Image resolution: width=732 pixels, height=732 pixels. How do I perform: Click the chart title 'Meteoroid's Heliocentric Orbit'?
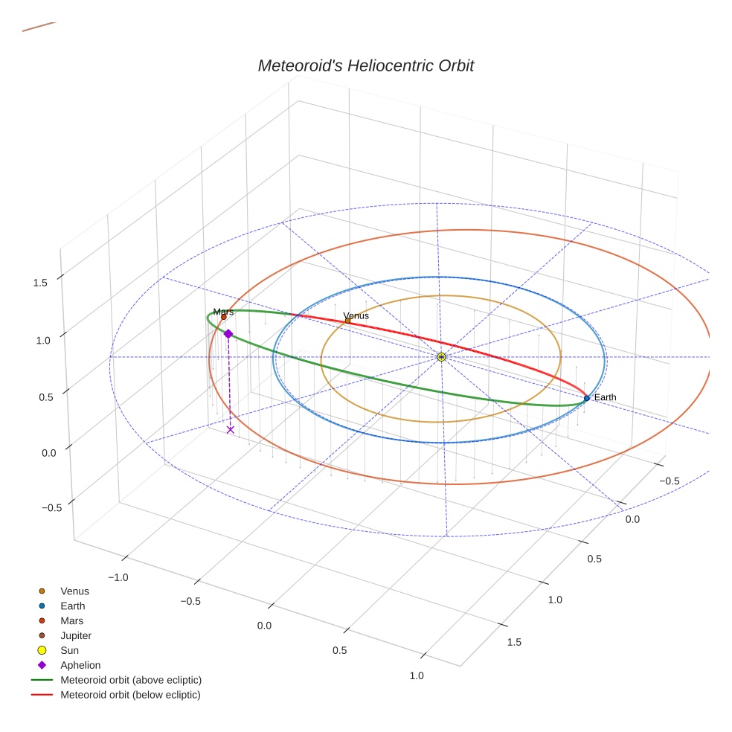tap(365, 65)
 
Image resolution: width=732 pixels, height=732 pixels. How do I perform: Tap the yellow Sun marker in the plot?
tap(441, 357)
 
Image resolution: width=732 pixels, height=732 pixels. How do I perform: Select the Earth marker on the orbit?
tap(586, 398)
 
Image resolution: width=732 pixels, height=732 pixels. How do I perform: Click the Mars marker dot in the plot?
tap(223, 317)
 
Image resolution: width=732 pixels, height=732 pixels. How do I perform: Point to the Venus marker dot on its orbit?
tap(347, 321)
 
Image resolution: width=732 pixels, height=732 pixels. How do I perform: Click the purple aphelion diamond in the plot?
tap(228, 334)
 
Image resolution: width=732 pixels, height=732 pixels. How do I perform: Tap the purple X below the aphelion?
tap(230, 429)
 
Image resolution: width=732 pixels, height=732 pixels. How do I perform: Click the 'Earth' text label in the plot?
tap(605, 397)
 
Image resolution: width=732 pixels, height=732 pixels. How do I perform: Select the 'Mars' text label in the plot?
tap(223, 312)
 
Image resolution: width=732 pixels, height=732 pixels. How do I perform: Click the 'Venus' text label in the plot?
tap(356, 315)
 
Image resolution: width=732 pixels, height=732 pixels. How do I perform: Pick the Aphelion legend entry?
tap(80, 665)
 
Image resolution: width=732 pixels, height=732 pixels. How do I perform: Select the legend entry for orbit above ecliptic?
tap(130, 680)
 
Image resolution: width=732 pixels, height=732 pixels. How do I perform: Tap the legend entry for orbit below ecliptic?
tap(130, 695)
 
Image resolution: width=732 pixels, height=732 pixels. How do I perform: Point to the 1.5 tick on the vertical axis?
tap(40, 283)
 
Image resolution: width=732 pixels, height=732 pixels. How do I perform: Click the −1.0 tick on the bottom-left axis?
tap(118, 577)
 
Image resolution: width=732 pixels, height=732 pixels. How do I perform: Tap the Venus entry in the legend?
tap(74, 591)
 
